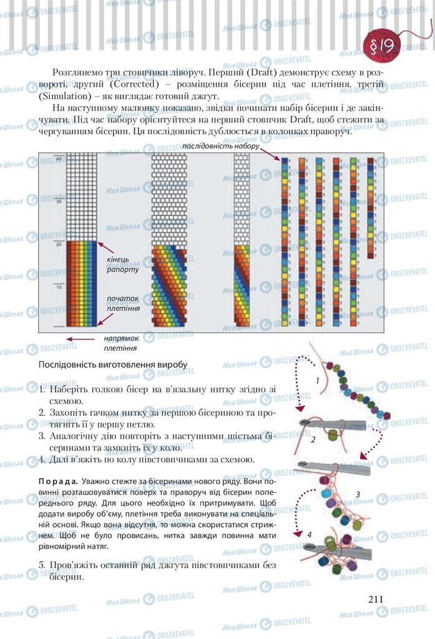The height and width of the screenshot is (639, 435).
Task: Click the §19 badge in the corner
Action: click(x=384, y=46)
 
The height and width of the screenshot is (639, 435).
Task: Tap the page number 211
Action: click(x=375, y=599)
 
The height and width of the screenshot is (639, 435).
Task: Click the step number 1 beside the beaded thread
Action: click(x=318, y=380)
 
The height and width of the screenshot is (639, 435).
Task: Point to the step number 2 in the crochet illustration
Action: click(x=313, y=439)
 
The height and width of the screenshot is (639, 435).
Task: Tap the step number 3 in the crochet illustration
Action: click(x=358, y=495)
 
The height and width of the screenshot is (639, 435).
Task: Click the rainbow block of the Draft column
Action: click(x=82, y=283)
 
